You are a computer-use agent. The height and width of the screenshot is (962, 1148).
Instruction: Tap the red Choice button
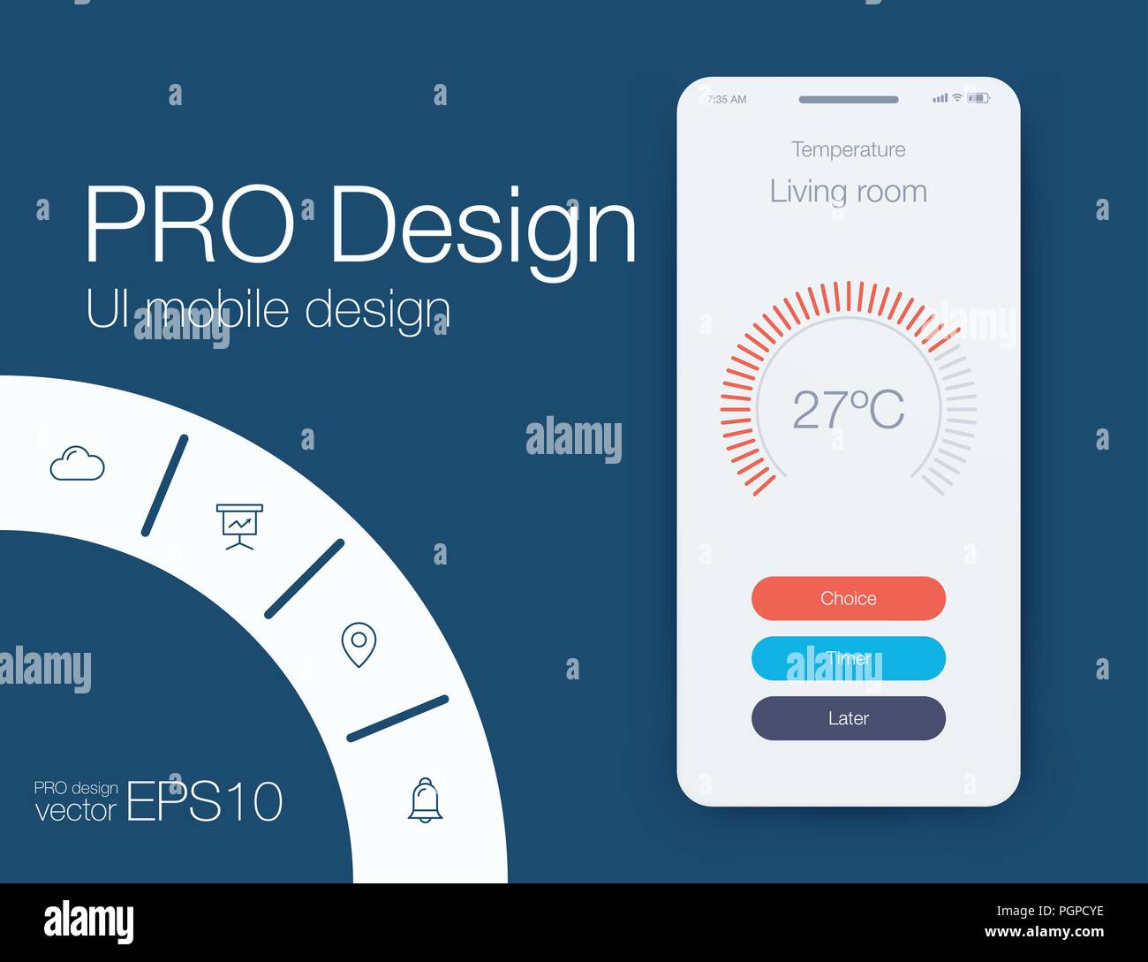pyautogui.click(x=848, y=598)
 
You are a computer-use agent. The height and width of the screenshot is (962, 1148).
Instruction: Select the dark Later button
pyautogui.click(x=848, y=718)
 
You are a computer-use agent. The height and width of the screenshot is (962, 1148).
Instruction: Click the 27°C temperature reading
pyautogui.click(x=848, y=409)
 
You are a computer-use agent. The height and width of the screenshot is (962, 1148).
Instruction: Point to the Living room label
pyautogui.click(x=848, y=192)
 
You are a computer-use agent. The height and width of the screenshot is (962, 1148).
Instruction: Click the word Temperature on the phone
pyautogui.click(x=848, y=149)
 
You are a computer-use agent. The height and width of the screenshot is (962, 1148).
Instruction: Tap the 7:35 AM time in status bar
pyautogui.click(x=727, y=100)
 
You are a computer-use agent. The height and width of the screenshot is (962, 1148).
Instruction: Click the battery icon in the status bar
pyautogui.click(x=978, y=98)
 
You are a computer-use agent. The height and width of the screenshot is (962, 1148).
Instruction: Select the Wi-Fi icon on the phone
pyautogui.click(x=956, y=97)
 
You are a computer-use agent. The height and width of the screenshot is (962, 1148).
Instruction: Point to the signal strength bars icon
pyautogui.click(x=940, y=98)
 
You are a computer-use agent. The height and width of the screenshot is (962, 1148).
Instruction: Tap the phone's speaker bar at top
pyautogui.click(x=848, y=100)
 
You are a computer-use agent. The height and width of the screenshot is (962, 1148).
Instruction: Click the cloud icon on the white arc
pyautogui.click(x=77, y=464)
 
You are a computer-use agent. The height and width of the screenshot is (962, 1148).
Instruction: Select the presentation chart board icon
pyautogui.click(x=239, y=526)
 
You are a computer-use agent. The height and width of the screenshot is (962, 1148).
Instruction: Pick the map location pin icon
pyautogui.click(x=359, y=645)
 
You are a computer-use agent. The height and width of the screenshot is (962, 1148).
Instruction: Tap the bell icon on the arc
pyautogui.click(x=425, y=800)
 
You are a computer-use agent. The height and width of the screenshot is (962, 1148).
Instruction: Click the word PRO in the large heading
pyautogui.click(x=189, y=224)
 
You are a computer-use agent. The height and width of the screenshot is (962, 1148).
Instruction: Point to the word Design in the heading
pyautogui.click(x=482, y=226)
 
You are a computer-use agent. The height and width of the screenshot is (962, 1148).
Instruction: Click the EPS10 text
pyautogui.click(x=205, y=802)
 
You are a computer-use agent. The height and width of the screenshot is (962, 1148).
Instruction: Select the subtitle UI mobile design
pyautogui.click(x=268, y=310)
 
